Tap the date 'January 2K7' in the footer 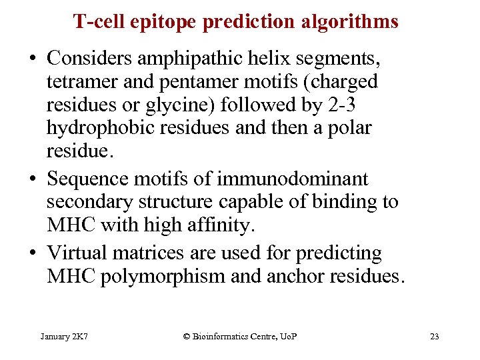click(x=65, y=336)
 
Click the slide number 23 click(x=434, y=336)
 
